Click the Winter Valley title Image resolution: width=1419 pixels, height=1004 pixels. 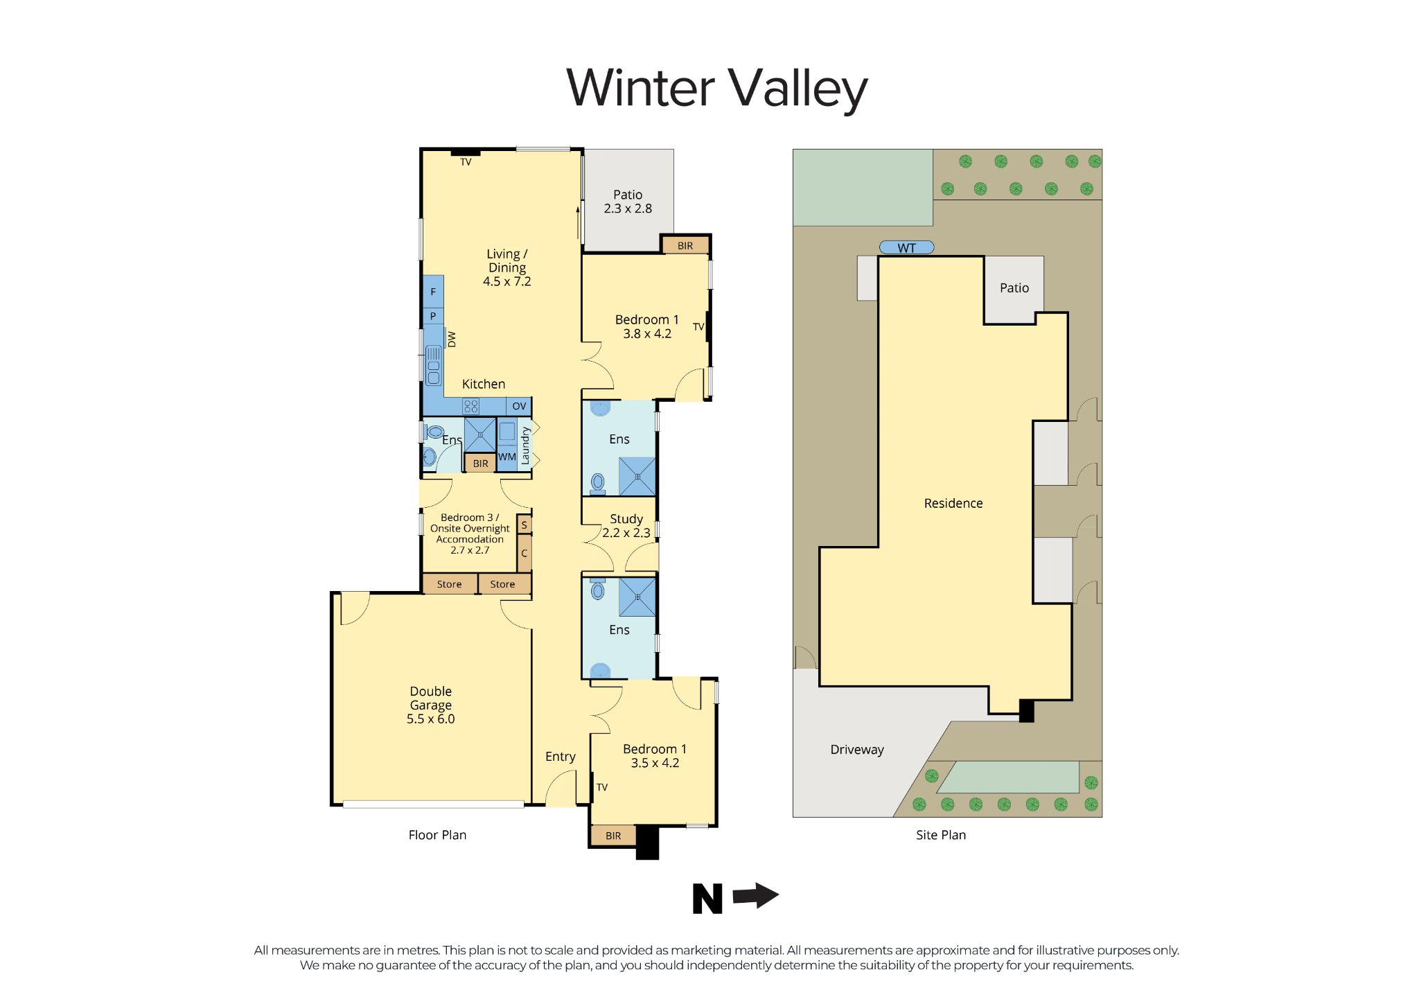click(x=716, y=89)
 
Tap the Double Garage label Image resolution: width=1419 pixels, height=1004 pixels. click(x=430, y=705)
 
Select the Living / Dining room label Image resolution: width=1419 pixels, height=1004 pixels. click(x=506, y=267)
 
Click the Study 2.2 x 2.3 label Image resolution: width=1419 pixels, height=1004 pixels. click(x=626, y=525)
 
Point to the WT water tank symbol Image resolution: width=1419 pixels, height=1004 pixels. click(x=906, y=247)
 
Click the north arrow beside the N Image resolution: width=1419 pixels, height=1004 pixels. click(x=756, y=895)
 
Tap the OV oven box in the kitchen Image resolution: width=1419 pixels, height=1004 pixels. click(x=519, y=406)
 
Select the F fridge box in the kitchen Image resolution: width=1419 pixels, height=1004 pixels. click(x=433, y=292)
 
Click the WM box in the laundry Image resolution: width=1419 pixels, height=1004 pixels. click(x=507, y=457)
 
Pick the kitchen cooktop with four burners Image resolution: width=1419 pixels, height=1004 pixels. click(x=471, y=406)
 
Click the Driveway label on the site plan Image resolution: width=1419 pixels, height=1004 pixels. click(x=857, y=750)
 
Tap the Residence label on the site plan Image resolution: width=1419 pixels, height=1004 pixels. click(x=953, y=504)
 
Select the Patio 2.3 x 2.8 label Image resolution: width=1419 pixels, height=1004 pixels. click(x=628, y=202)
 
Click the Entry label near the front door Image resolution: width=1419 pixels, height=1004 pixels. click(x=560, y=757)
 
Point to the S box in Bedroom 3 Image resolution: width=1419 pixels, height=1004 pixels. click(x=525, y=525)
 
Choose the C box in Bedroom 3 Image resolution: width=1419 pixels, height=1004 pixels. click(x=525, y=553)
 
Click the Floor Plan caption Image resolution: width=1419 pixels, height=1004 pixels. click(x=437, y=835)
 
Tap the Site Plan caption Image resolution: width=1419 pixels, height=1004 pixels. click(x=940, y=835)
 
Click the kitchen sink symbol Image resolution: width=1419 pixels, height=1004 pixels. click(x=434, y=365)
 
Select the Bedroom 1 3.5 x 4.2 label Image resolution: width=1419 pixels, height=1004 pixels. click(x=654, y=756)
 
